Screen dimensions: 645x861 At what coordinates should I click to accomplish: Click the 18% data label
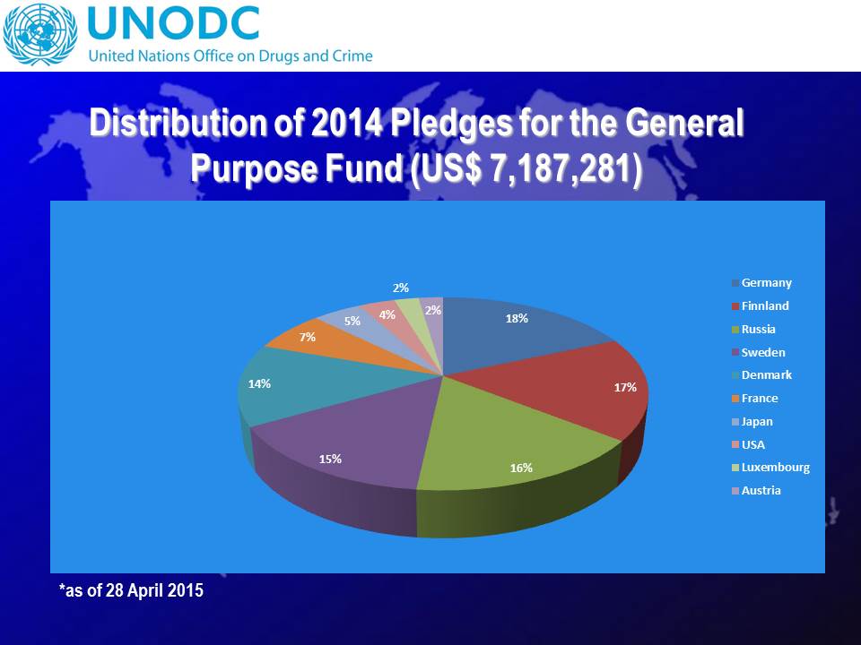pyautogui.click(x=517, y=318)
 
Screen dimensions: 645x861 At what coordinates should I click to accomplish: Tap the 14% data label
pyautogui.click(x=260, y=383)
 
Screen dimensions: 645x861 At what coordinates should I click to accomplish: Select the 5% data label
pyautogui.click(x=352, y=320)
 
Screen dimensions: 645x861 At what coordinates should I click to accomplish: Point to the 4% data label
pyautogui.click(x=387, y=314)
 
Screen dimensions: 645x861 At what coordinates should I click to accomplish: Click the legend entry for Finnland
pyautogui.click(x=765, y=306)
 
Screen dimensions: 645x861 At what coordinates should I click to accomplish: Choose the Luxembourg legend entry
pyautogui.click(x=775, y=468)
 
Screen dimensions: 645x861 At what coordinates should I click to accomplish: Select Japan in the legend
pyautogui.click(x=757, y=421)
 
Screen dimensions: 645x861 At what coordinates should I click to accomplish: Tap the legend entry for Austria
pyautogui.click(x=761, y=491)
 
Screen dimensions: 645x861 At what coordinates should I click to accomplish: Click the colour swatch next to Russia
pyautogui.click(x=735, y=330)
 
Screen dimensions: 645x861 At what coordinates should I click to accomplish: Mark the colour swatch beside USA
pyautogui.click(x=735, y=445)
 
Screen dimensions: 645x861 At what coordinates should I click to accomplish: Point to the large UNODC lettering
pyautogui.click(x=173, y=22)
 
